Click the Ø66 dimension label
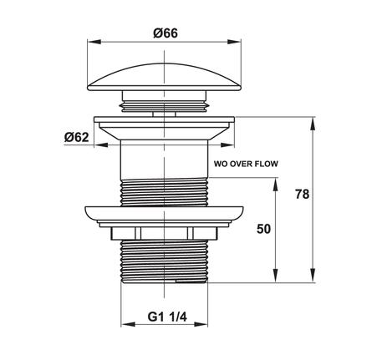click(166, 33)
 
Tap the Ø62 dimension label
click(77, 137)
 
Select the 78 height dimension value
click(303, 194)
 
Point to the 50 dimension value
click(263, 229)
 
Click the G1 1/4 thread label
click(167, 317)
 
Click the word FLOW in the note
click(267, 164)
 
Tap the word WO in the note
click(219, 164)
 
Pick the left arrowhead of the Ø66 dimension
click(94, 42)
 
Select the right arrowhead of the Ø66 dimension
click(234, 42)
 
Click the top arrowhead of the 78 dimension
click(313, 124)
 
